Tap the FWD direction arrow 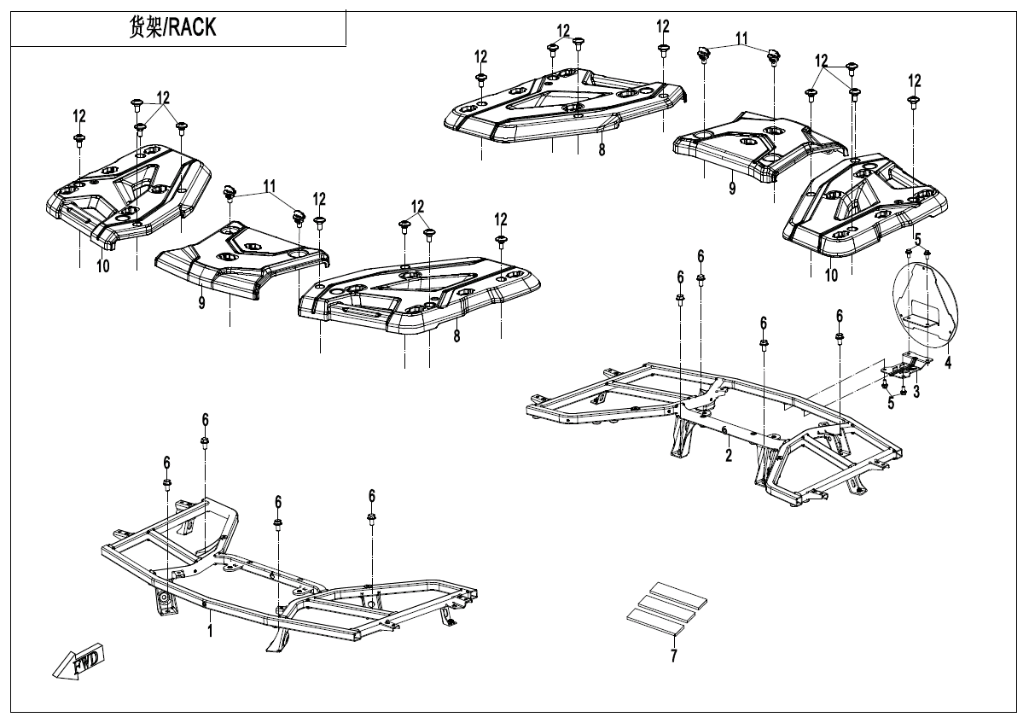(78, 662)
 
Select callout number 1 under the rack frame (210, 631)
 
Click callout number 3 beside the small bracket (916, 392)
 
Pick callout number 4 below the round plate (947, 362)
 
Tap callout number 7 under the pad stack (673, 657)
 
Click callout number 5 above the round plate (918, 239)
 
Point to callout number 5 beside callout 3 (891, 403)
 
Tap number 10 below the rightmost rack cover (831, 275)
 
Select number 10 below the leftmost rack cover (102, 266)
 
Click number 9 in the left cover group (202, 303)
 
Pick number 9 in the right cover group (731, 189)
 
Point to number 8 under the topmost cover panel (602, 149)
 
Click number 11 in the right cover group (741, 38)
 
